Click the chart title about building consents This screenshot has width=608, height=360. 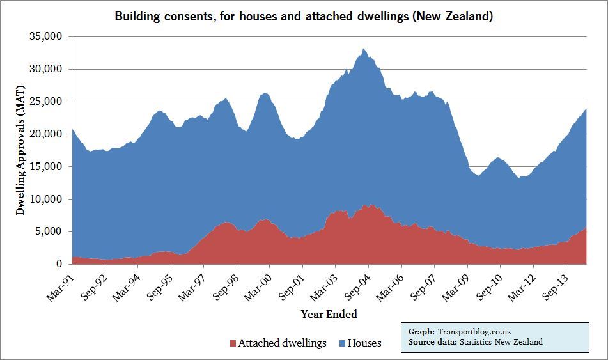[x=304, y=16]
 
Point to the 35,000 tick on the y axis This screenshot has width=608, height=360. [x=49, y=37]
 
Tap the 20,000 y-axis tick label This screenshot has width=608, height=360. [x=49, y=134]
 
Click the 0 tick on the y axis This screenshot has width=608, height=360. [x=59, y=264]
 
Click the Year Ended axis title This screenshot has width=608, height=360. [x=329, y=314]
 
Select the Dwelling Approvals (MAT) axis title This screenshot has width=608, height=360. [x=20, y=151]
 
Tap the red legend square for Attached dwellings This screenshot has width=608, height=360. [x=232, y=343]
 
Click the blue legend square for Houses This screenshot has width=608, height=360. [x=342, y=343]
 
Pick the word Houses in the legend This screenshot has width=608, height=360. [x=364, y=343]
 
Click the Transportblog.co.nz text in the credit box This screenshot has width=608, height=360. [x=474, y=332]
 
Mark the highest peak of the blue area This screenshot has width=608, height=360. [x=363, y=49]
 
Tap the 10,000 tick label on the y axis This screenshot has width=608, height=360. [x=49, y=200]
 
